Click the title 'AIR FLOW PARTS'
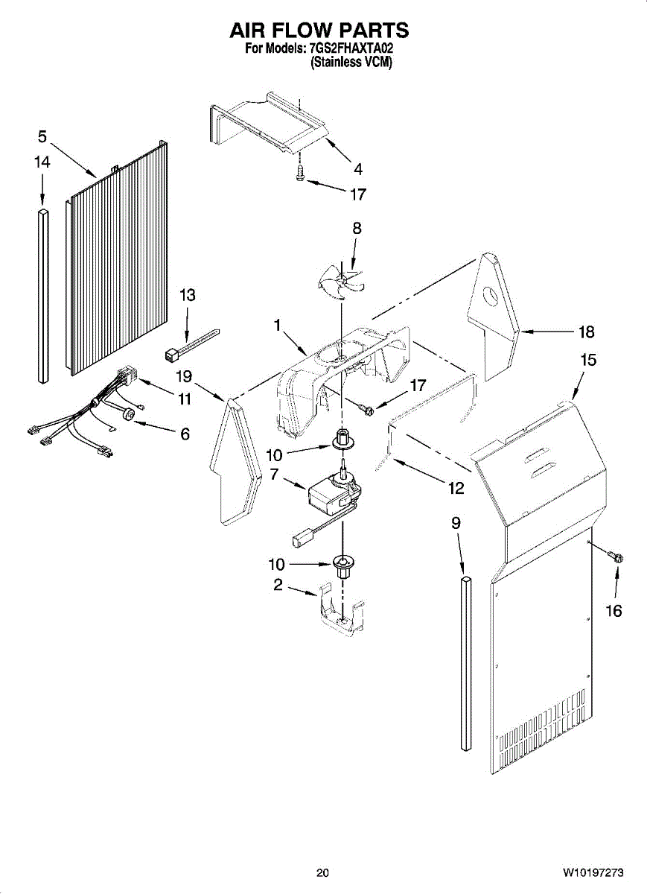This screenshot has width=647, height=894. pos(319,31)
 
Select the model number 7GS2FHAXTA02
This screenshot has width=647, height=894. pos(351,49)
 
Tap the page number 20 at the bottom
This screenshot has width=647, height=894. pos(322,872)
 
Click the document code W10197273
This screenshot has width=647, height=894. pos(593,872)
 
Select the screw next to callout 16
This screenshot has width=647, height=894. pos(616,557)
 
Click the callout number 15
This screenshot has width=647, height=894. pos(588,360)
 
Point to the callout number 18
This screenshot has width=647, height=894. pos(587,332)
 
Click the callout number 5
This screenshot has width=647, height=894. pos(42,136)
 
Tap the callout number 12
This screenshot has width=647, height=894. pos(456,489)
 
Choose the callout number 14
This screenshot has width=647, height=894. pos(42,162)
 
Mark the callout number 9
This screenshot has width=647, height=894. pos(456,523)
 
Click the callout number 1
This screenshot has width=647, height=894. pos(277,325)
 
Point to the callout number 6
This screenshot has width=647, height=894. pos(185,433)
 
